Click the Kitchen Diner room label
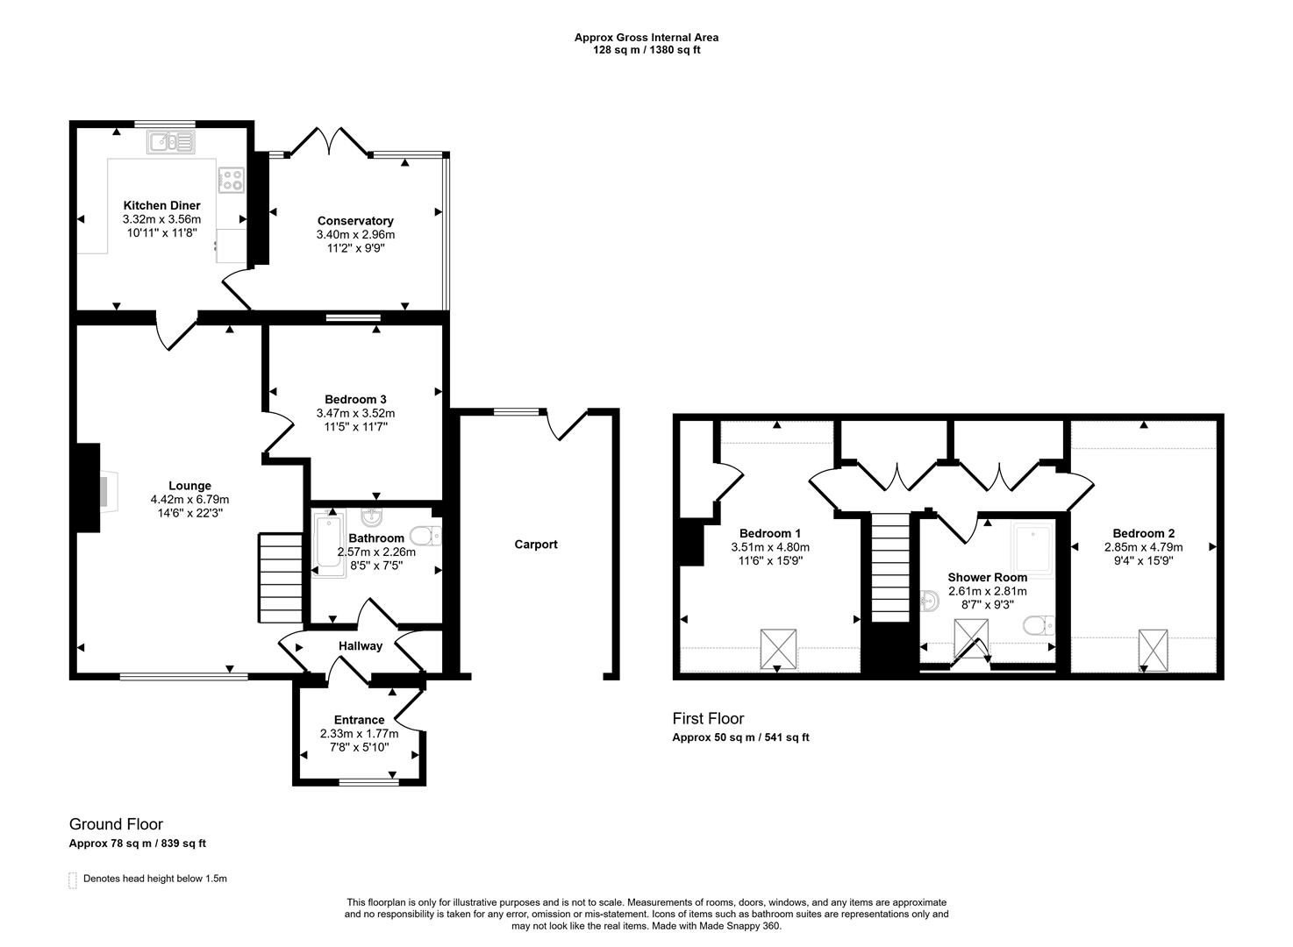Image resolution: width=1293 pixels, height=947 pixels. [161, 205]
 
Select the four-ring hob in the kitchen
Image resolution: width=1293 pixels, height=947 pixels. [231, 181]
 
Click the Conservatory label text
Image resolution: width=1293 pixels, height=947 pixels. [355, 221]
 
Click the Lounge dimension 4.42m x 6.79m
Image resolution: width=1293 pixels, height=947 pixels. [189, 500]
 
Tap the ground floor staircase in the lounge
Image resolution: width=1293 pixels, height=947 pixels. [281, 578]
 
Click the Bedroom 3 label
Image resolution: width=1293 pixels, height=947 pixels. [355, 399]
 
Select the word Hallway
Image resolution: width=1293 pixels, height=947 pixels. [361, 646]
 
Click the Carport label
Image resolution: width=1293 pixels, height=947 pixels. [536, 545]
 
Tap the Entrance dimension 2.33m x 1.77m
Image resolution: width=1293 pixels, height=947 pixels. [359, 734]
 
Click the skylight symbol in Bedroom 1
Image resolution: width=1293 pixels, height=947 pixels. [778, 648]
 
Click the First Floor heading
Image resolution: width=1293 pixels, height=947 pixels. [708, 719]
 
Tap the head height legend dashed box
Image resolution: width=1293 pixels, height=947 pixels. [73, 880]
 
